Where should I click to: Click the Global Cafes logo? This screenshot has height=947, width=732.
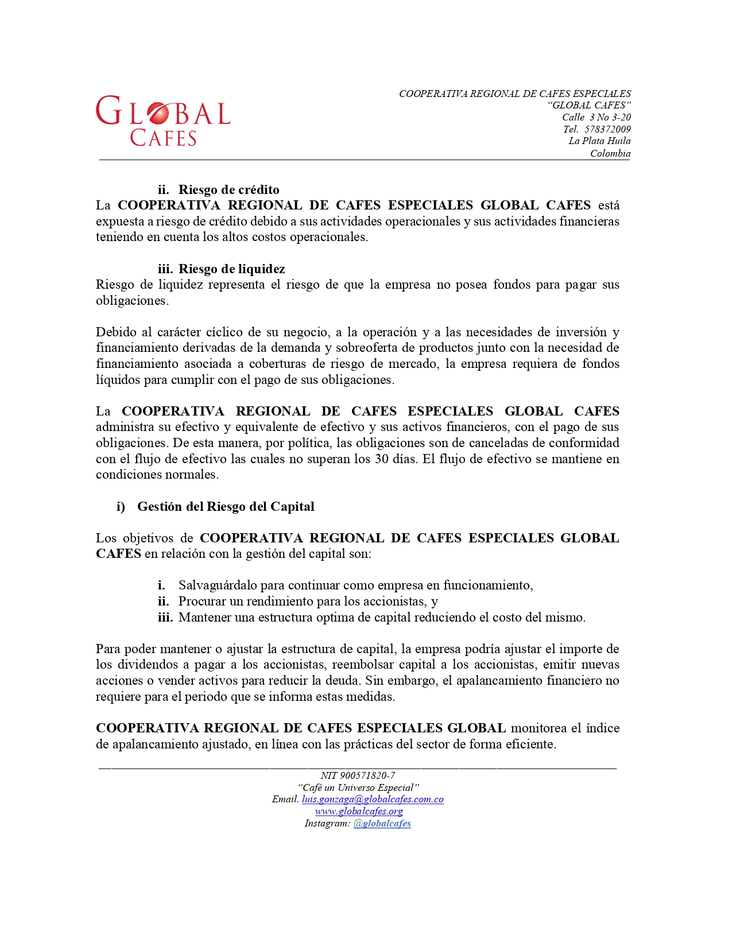tap(163, 121)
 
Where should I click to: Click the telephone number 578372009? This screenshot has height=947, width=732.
tap(607, 129)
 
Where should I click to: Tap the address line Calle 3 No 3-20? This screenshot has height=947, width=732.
tap(596, 117)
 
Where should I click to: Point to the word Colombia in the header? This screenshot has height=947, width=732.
tap(610, 153)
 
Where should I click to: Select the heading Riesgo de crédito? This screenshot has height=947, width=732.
tap(228, 190)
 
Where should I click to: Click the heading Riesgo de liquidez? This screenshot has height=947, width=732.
tap(231, 269)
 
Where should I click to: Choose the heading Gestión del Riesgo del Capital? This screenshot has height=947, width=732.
tap(226, 507)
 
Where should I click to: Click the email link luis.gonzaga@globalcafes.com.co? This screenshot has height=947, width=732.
tap(373, 799)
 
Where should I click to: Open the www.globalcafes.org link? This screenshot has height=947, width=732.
tap(359, 812)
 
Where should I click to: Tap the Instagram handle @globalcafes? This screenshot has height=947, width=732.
tap(382, 824)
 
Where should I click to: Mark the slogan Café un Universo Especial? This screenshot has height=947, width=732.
tap(358, 787)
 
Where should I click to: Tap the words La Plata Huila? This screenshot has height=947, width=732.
tap(599, 141)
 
